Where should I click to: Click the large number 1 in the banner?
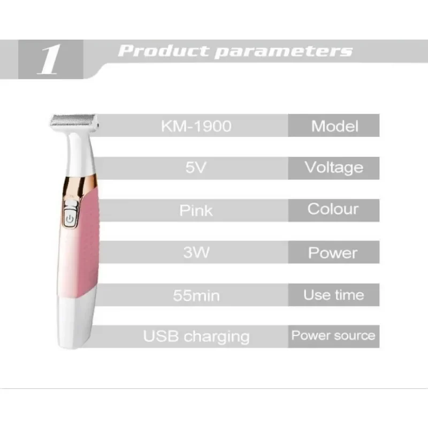point(49,59)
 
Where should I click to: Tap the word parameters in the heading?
point(284,51)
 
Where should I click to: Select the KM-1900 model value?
point(196,126)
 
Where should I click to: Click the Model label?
point(335,126)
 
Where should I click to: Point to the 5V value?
point(196,167)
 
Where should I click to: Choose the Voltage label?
point(334,167)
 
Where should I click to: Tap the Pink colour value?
point(196,210)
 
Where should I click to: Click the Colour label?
point(333,209)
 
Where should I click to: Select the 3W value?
point(196,253)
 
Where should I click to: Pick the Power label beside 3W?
point(333,253)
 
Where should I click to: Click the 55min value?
point(196,295)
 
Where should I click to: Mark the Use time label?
point(333,295)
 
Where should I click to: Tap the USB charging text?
point(196,337)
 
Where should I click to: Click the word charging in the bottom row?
point(217,337)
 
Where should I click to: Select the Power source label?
point(333,335)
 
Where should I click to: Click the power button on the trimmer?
point(70,219)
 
